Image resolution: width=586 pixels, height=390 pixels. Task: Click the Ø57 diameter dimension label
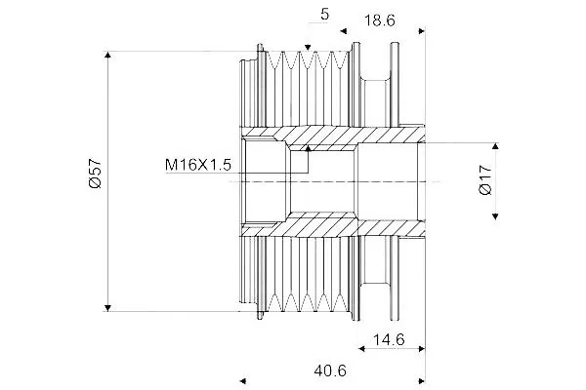coord(96,174)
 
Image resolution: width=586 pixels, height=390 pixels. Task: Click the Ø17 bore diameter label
coord(485,179)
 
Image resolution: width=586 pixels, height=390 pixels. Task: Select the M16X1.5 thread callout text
coord(198,165)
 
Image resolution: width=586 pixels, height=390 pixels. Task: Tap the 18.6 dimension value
coord(379,20)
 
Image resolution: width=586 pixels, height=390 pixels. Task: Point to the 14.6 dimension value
coord(389,339)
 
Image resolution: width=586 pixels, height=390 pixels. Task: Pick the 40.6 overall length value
coord(330,370)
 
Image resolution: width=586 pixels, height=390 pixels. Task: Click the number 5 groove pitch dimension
coord(324,15)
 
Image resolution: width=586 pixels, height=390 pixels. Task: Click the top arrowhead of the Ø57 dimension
coord(107,55)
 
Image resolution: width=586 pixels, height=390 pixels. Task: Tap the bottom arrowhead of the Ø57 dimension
coord(107,308)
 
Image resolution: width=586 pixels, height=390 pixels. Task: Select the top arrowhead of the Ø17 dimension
coord(495,146)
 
